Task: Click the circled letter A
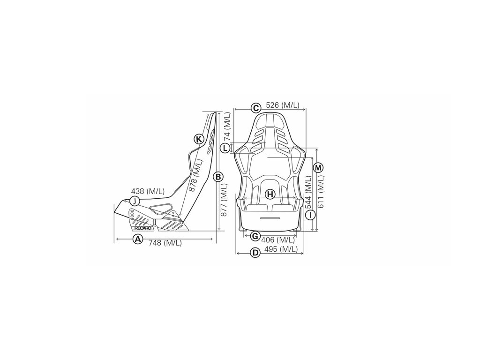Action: tap(137, 239)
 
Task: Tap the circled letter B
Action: tap(217, 177)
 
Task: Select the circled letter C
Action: tap(255, 108)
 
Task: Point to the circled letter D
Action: tap(255, 253)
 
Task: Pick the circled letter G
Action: tap(255, 235)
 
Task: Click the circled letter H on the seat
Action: tap(270, 194)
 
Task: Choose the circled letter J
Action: tap(134, 201)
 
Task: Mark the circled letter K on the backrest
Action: tap(199, 139)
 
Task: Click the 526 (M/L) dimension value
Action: tap(283, 105)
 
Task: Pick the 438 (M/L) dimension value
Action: tap(148, 191)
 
